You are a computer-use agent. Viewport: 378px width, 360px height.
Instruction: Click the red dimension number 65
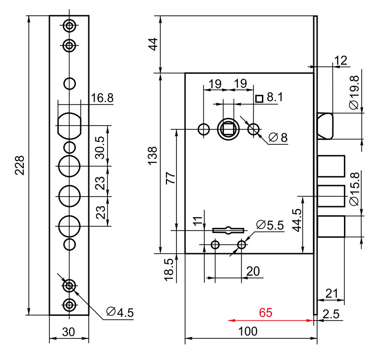(x=266, y=313)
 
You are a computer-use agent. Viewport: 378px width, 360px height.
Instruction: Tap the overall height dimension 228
(x=20, y=165)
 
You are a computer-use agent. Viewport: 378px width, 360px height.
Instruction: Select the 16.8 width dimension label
(x=102, y=98)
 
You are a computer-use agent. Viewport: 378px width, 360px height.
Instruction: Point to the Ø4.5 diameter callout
(x=120, y=312)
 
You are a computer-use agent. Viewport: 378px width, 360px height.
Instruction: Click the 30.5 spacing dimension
(x=100, y=148)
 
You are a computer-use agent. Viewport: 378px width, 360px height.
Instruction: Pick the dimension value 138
(x=153, y=156)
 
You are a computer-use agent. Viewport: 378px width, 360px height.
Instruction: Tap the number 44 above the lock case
(x=154, y=44)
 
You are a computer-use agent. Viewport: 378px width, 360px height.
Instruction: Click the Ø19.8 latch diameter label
(x=354, y=93)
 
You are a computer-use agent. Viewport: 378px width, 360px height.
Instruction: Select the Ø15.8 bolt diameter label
(x=354, y=189)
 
